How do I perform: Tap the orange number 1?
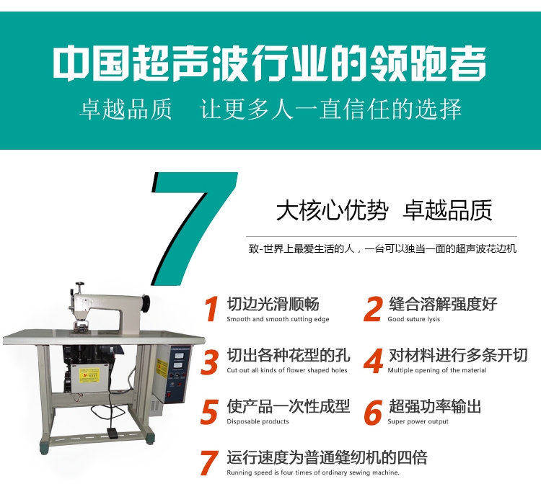coord(212,309)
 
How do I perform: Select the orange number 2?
coord(374,309)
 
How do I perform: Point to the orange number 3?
coord(209,361)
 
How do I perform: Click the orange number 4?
coord(374,361)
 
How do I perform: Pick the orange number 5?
coord(209,411)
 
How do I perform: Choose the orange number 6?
coord(374,412)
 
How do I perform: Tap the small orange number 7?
coord(209,462)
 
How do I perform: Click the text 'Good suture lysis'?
coord(414,319)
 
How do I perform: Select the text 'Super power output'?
coord(418,421)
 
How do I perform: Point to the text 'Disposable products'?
coord(258,421)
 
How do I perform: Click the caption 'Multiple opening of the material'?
coord(437,370)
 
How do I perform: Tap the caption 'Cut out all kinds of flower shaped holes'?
coord(287,370)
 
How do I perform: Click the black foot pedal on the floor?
coord(112,434)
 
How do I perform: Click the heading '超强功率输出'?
coord(435,406)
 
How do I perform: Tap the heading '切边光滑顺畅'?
coord(273,304)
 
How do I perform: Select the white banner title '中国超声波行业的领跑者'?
coord(270,63)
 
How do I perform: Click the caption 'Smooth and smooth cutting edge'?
coord(278,319)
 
